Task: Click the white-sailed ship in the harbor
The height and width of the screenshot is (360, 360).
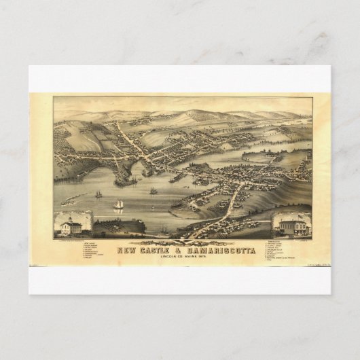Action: [120, 204]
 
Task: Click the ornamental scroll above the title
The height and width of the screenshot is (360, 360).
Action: [180, 240]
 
